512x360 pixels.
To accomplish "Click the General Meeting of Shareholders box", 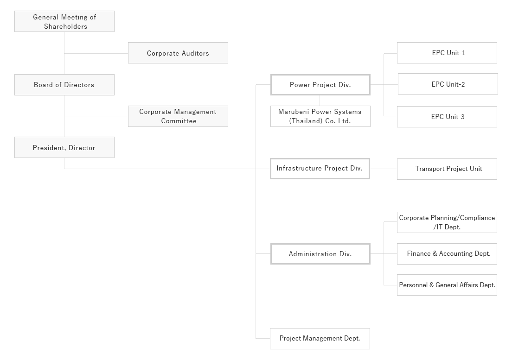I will point(64,22).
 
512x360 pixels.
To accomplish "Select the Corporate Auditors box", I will point(178,53).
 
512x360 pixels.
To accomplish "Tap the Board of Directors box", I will point(64,85).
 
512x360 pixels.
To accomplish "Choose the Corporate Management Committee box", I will point(178,116).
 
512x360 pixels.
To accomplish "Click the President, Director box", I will point(64,148).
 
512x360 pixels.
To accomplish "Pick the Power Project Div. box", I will point(320,85).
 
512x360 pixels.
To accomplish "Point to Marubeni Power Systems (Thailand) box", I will point(320,116).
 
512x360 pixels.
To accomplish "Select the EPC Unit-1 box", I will point(447,53).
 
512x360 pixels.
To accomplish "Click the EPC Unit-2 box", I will point(448,84).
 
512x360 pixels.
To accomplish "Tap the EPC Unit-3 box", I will point(447,117).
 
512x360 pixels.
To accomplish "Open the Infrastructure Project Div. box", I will point(320,169).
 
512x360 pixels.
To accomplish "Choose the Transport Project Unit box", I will point(447,169).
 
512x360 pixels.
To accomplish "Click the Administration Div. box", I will point(320,254).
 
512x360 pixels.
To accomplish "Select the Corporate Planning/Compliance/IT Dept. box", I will point(447,222).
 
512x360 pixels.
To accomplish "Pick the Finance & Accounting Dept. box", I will point(447,254).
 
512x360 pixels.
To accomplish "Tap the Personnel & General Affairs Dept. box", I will point(447,285).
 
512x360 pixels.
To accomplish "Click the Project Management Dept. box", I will point(320,339).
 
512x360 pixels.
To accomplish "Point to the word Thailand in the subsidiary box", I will point(305,121).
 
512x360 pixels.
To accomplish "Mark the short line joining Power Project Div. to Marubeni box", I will point(320,100).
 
